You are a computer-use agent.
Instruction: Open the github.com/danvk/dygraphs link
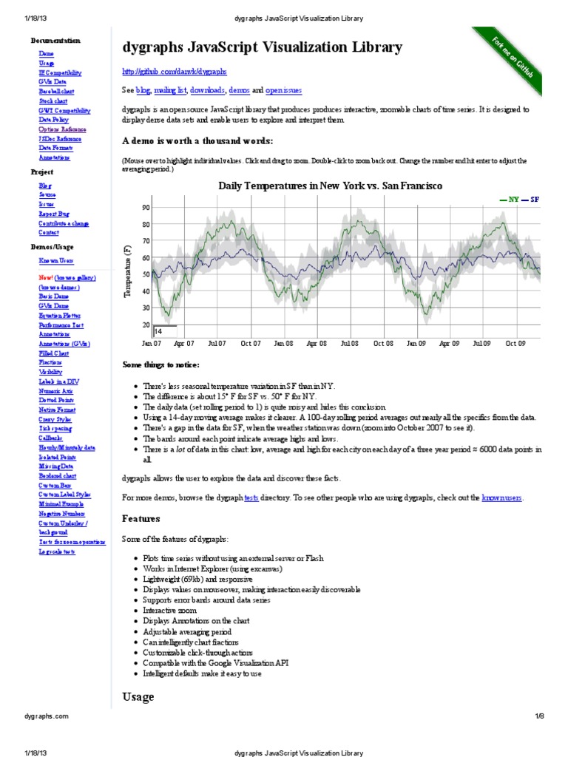pos(174,72)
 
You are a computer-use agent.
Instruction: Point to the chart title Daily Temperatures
pos(330,186)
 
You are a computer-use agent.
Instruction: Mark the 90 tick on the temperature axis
pos(146,208)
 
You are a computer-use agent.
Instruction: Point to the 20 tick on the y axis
pos(146,325)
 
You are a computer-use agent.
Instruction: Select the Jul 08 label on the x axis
pos(349,344)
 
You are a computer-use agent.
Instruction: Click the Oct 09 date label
pos(515,344)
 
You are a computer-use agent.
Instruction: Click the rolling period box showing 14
pos(165,332)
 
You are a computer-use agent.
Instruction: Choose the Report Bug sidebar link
pos(54,214)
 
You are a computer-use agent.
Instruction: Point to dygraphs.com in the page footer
pos(47,716)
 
